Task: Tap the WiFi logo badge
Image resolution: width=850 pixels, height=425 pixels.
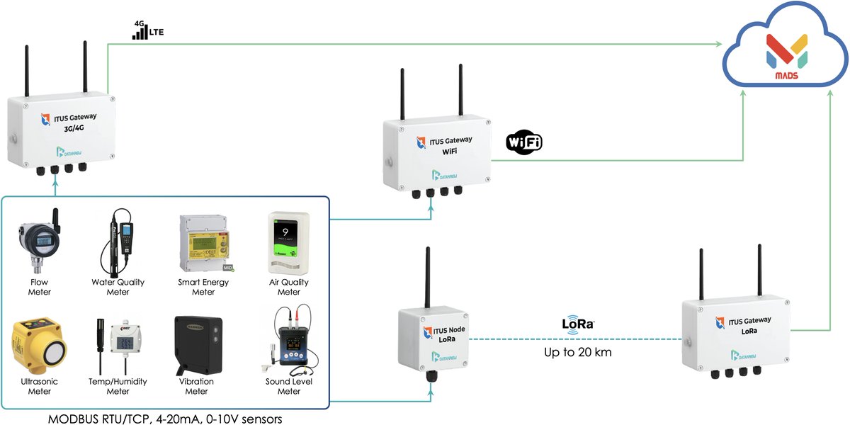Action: [x=524, y=142]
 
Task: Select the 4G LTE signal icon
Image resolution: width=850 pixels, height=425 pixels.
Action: [x=149, y=30]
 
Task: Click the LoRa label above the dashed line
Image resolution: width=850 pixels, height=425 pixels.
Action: [x=578, y=324]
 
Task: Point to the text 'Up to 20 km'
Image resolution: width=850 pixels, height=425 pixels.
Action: [x=577, y=352]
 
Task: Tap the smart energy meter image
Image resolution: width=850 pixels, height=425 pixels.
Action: [x=203, y=244]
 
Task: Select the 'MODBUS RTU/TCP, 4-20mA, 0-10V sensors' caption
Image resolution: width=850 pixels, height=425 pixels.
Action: [x=165, y=419]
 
